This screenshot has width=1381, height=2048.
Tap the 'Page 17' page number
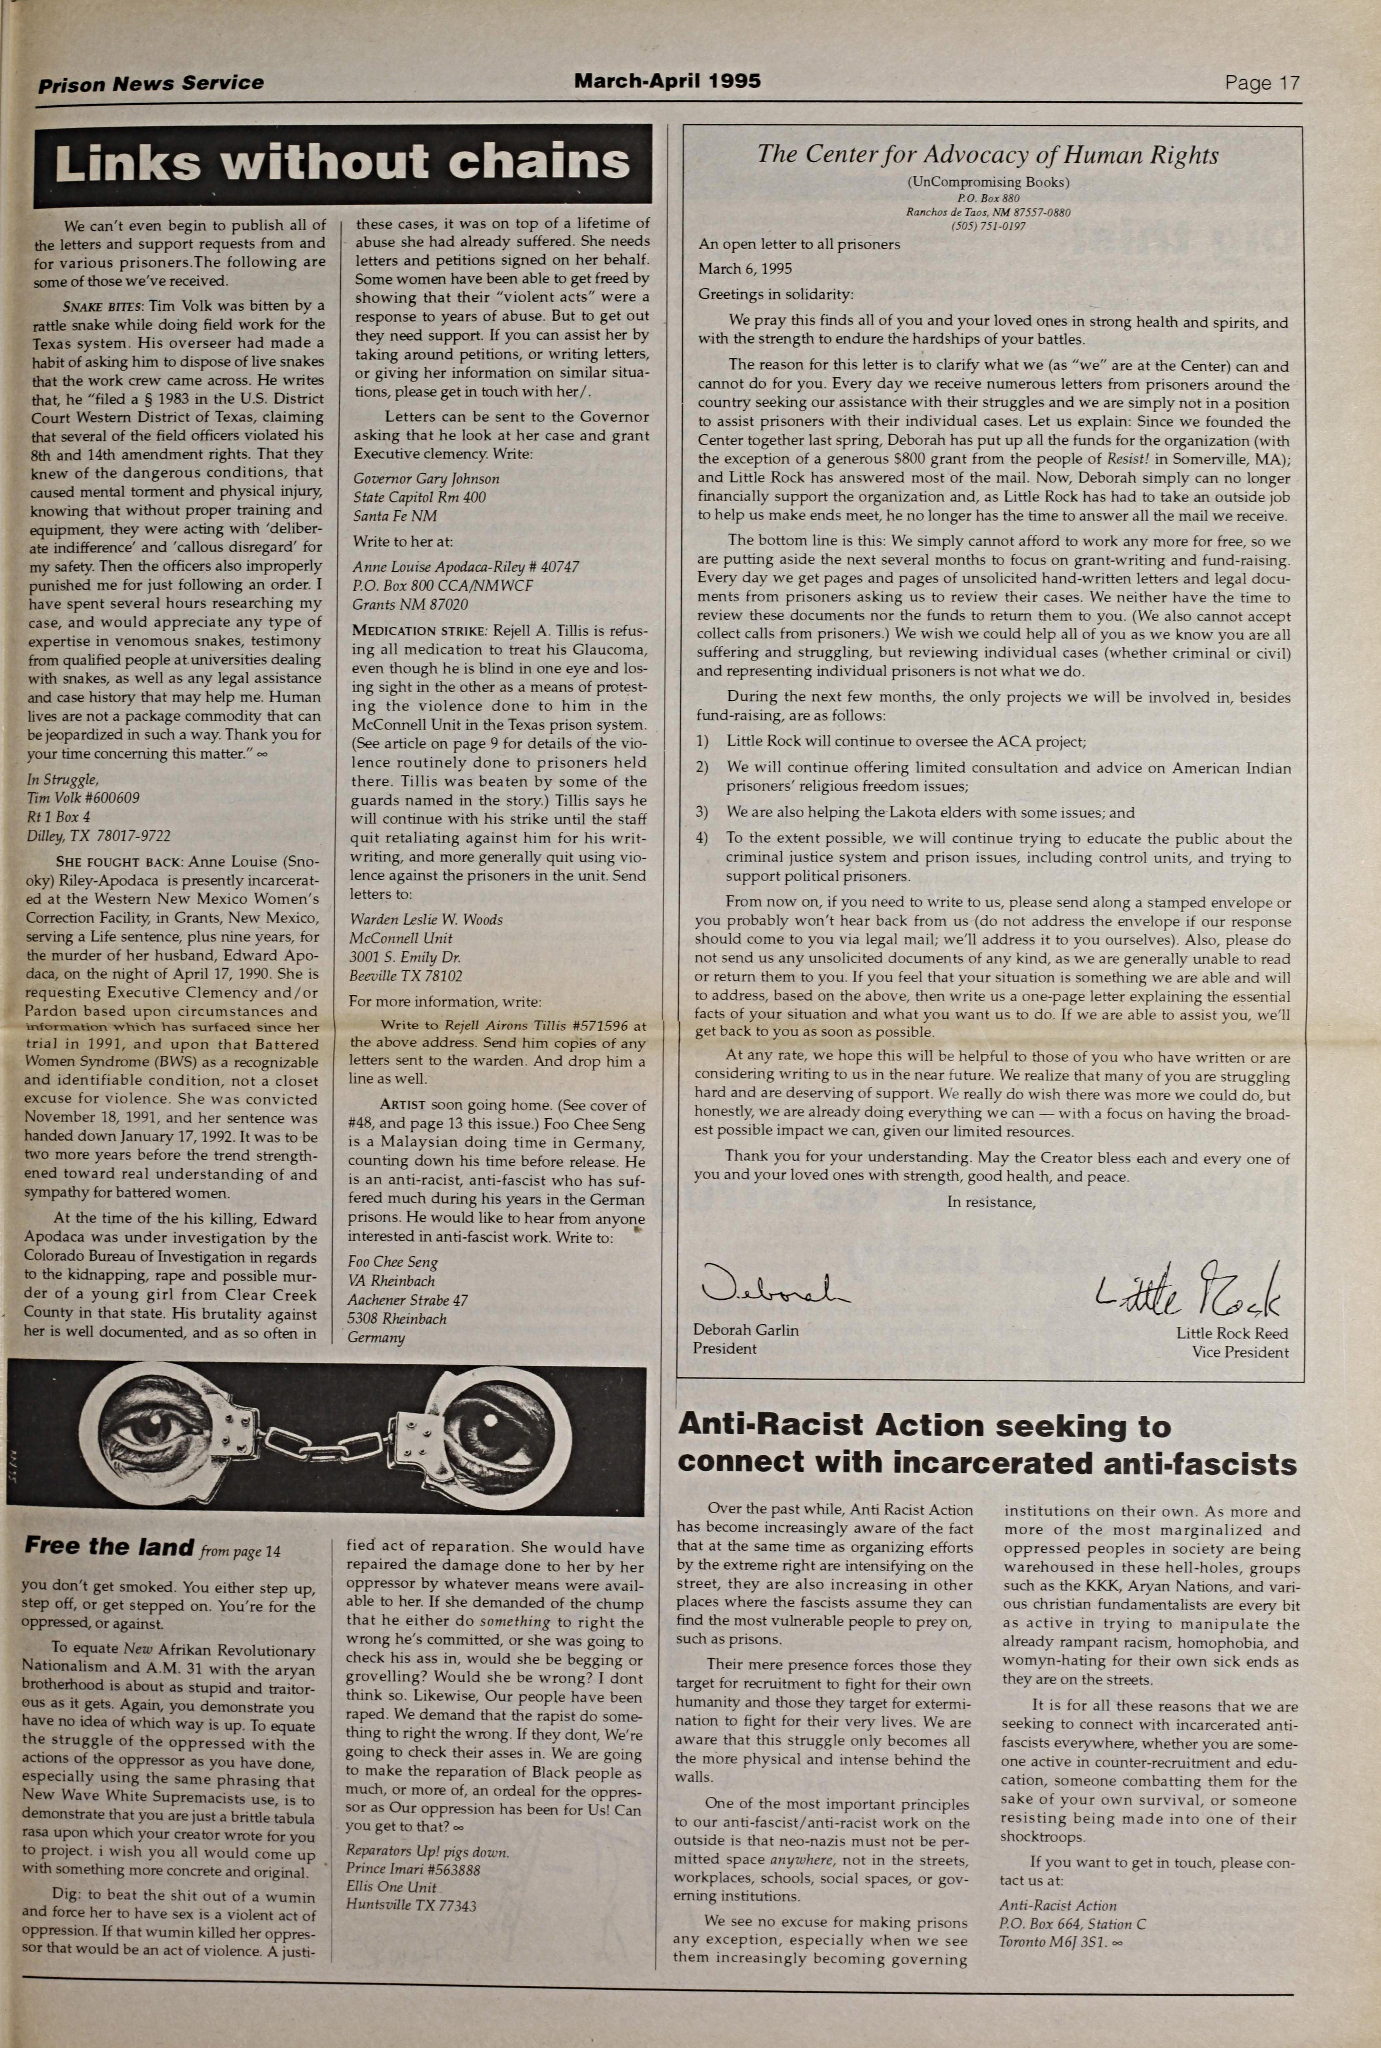[x=1261, y=84]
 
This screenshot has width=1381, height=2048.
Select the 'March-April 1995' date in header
[x=667, y=81]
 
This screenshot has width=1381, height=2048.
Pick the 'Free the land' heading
[x=109, y=1546]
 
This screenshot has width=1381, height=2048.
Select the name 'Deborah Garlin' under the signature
[x=745, y=1330]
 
